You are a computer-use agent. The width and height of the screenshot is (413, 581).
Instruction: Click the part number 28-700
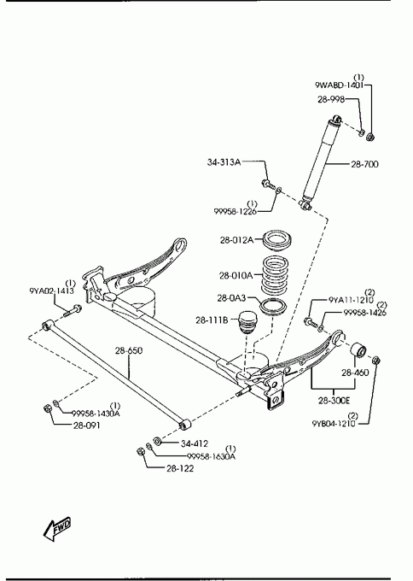364,164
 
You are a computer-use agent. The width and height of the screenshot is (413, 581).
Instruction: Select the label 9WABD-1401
339,85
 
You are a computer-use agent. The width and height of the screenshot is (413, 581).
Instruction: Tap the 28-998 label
331,99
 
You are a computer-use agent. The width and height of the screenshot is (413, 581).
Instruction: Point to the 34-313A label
224,162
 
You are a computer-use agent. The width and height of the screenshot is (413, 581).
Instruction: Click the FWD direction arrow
56,528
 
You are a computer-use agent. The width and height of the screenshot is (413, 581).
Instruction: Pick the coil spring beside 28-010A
274,274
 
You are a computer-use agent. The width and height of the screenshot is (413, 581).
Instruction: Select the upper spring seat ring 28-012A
277,241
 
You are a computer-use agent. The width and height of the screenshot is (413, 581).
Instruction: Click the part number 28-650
128,350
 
